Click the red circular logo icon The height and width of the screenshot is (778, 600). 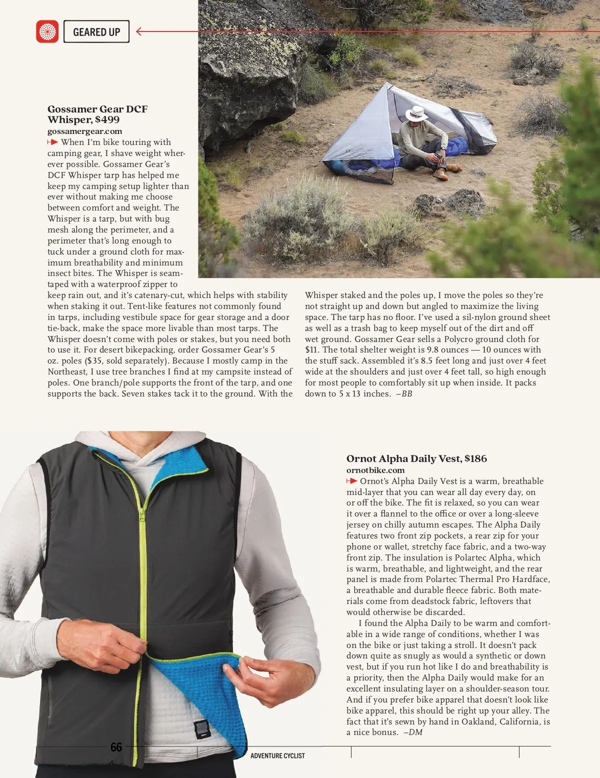click(x=47, y=31)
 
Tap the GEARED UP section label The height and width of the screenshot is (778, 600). click(x=96, y=32)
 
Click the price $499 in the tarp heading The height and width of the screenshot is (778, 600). click(x=107, y=119)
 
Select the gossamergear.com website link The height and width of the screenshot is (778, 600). click(x=84, y=131)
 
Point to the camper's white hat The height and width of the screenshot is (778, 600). click(x=416, y=113)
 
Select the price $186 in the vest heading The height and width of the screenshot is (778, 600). click(x=475, y=458)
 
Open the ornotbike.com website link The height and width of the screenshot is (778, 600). click(x=375, y=470)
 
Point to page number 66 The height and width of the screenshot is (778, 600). click(x=116, y=747)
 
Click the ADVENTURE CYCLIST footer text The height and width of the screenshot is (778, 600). click(x=277, y=755)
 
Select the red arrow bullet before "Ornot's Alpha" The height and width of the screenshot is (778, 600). click(x=351, y=481)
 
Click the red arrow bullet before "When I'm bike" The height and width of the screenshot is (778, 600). click(x=53, y=142)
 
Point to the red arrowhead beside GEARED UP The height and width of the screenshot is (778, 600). click(x=139, y=31)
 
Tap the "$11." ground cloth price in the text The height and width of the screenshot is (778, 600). click(x=312, y=350)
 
